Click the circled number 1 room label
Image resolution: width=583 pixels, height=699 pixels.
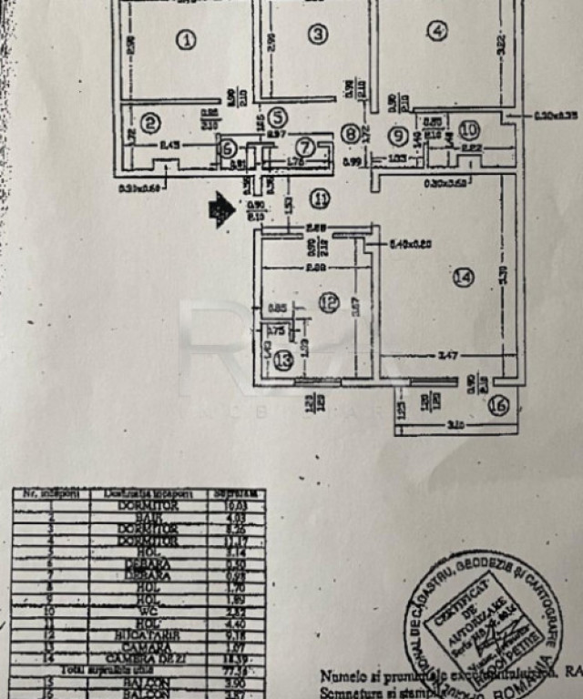186,40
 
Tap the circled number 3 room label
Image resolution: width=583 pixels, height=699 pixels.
317,35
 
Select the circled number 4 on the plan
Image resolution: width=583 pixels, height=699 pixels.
437,31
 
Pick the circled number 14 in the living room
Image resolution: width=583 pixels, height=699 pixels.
464,278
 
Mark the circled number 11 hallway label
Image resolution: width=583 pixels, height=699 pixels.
318,198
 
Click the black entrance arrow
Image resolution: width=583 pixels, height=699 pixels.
219,210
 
